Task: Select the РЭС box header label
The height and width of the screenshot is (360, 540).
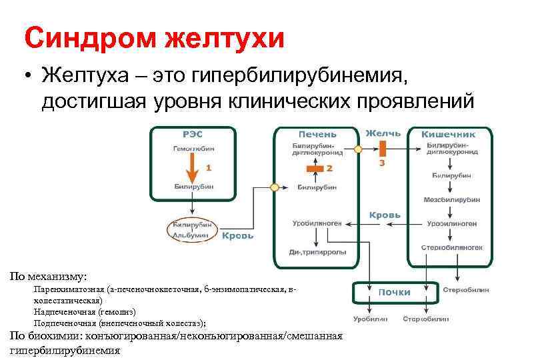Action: point(174,133)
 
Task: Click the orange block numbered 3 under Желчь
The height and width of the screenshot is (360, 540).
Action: point(382,151)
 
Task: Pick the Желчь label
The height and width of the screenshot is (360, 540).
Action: point(382,133)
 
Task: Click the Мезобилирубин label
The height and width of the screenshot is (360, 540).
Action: point(452,200)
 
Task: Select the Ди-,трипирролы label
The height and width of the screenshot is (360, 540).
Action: point(316,252)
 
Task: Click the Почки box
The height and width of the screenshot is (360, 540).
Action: point(395,292)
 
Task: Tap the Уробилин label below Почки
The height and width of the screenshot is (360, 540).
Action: point(370,319)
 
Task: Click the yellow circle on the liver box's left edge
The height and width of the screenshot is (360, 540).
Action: point(273,187)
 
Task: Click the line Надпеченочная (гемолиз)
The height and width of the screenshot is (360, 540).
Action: point(85,311)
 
